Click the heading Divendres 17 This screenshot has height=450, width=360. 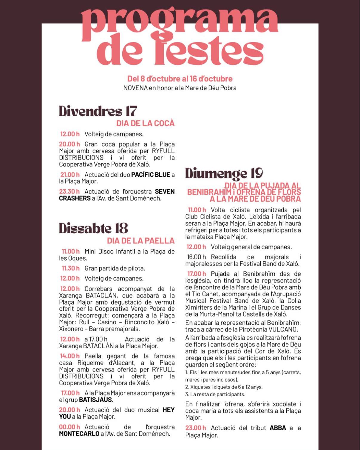point(98,111)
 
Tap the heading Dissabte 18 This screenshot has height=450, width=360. point(93,229)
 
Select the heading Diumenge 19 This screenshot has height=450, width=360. point(224,173)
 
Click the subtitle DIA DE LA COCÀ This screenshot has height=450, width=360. point(145,123)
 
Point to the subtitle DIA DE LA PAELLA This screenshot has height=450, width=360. point(140,241)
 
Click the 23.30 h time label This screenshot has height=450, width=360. point(69,192)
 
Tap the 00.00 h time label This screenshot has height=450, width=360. point(69,427)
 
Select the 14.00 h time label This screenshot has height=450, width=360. point(70,356)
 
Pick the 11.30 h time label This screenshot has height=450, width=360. point(71,268)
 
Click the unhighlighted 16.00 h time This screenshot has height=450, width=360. point(196,257)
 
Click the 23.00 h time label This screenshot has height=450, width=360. point(196,428)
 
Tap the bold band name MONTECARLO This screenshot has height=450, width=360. point(79,434)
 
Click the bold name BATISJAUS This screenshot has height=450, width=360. point(95,400)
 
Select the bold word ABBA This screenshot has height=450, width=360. point(278,428)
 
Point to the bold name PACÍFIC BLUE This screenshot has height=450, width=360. point(151,175)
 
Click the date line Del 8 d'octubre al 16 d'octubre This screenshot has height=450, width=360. point(180,79)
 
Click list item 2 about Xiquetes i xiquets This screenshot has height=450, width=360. point(224,387)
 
